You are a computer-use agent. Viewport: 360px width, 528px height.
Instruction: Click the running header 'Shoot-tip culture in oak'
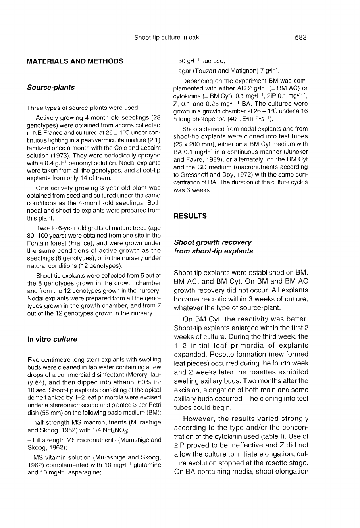point(166,38)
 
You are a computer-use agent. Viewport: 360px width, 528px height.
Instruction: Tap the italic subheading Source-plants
point(50,87)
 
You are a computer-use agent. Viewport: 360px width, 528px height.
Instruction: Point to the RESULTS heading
point(190,216)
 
